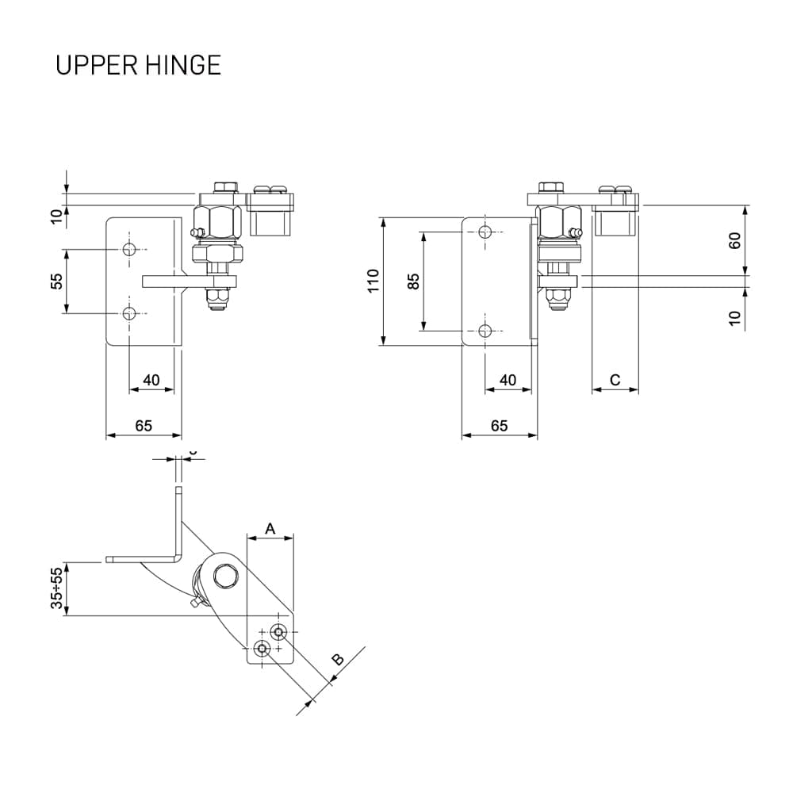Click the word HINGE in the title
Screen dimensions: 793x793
(x=183, y=65)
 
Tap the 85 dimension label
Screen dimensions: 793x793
(x=413, y=282)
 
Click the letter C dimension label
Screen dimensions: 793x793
(x=615, y=380)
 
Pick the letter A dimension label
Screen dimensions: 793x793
(x=270, y=528)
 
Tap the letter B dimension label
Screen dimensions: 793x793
(x=337, y=660)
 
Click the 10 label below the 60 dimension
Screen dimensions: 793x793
(x=734, y=318)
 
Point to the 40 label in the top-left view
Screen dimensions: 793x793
(x=151, y=381)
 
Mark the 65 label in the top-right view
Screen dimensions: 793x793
(x=499, y=426)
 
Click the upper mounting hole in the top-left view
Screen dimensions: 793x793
(x=129, y=250)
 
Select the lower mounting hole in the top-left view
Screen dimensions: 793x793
(x=129, y=313)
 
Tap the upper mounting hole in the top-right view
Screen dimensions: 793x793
(x=485, y=232)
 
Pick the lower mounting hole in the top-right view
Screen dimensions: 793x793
(x=485, y=331)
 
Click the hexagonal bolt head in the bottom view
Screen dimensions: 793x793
(x=224, y=577)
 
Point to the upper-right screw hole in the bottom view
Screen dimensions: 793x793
(x=278, y=632)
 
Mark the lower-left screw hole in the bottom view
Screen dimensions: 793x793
(x=262, y=649)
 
